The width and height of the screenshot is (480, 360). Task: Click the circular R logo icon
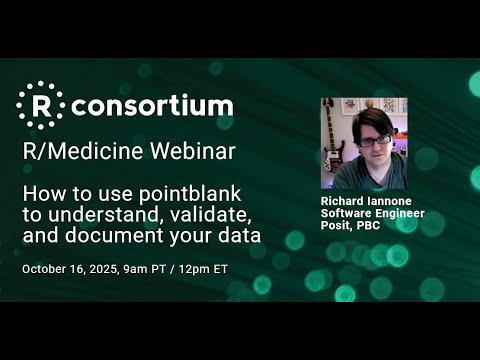pos(40,105)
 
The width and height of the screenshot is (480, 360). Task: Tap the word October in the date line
pos(44,270)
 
